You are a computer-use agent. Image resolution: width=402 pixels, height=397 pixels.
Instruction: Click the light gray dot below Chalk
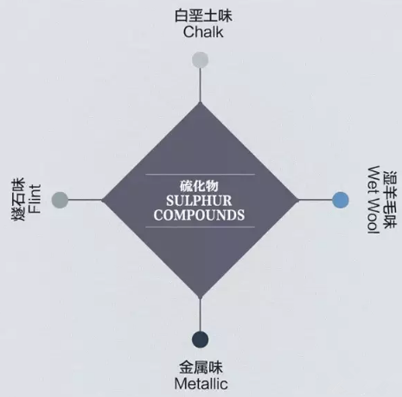200,60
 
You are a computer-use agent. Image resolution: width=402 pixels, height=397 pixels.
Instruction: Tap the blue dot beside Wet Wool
341,200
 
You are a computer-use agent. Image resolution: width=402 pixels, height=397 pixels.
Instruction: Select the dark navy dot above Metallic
200,339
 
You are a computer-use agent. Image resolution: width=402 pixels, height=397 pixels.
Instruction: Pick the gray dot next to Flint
60,200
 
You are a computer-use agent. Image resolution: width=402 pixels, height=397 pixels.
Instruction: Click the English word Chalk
203,32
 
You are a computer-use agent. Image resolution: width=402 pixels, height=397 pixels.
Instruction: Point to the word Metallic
201,384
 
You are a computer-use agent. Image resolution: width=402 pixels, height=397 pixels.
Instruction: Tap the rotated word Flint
35,199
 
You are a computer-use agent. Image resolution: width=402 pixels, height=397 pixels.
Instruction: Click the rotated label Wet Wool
373,200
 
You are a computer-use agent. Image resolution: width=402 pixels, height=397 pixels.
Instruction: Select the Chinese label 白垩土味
203,16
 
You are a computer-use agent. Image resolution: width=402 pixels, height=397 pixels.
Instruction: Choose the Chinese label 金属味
201,368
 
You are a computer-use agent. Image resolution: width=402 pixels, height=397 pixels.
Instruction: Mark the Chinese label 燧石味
18,199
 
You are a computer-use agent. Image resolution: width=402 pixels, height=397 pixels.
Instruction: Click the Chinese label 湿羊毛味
390,200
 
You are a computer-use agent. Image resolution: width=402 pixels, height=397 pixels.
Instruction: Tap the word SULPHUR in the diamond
199,201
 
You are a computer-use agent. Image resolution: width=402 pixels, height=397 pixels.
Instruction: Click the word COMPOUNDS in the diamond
199,215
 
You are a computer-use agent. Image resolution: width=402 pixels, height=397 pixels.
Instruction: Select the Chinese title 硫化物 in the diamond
199,186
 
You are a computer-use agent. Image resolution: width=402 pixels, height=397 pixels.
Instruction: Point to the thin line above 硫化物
200,175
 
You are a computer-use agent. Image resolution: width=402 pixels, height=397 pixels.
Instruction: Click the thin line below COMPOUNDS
200,227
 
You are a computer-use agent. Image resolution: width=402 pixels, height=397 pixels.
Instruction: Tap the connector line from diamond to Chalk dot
201,85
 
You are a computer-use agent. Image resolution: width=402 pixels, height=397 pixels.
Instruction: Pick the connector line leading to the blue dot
315,200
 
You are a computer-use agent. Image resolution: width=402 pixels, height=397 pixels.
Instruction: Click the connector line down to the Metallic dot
201,314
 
